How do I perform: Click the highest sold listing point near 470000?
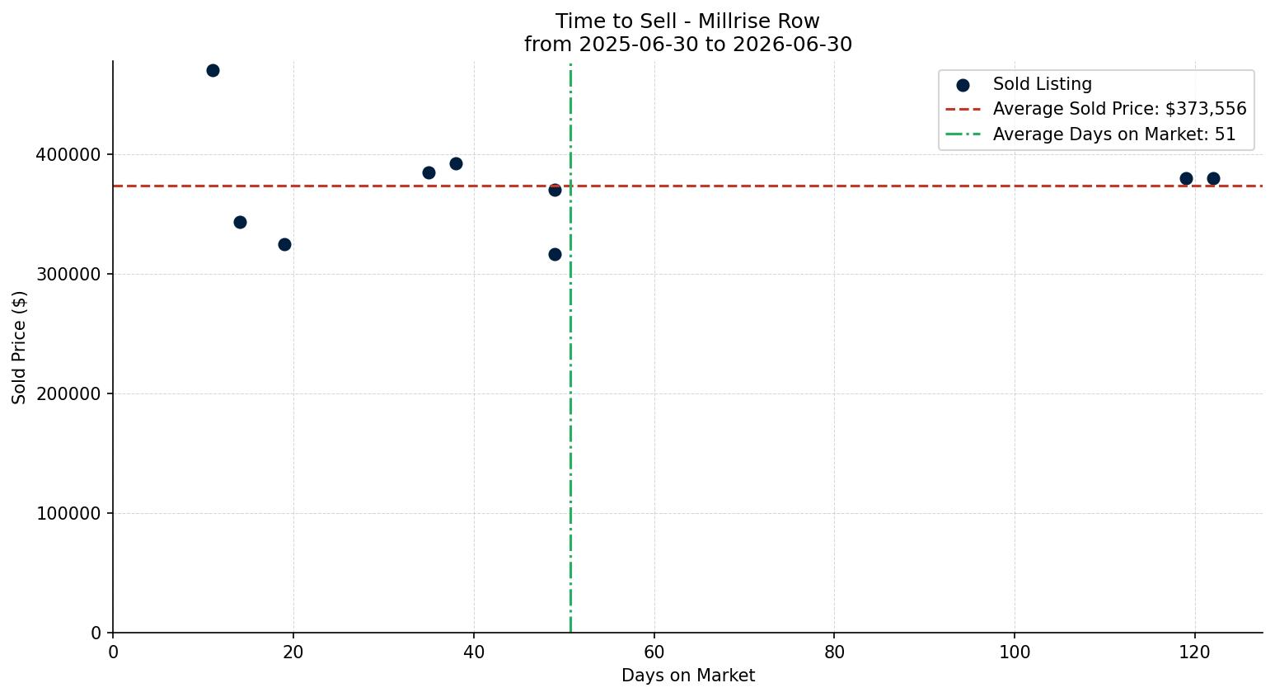213,71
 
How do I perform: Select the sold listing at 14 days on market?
240,222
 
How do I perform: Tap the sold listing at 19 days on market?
284,244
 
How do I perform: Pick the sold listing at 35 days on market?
429,172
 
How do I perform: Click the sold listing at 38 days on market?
456,163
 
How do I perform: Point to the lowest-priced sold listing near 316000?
555,254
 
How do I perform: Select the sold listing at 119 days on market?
1186,178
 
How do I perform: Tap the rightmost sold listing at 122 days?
1213,178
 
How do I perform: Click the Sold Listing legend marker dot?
963,86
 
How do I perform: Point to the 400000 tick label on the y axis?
68,155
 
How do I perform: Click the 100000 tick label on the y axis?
68,514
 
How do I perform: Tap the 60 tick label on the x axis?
654,652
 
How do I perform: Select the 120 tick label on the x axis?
1195,652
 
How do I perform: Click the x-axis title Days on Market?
687,676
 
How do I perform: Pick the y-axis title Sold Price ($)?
19,347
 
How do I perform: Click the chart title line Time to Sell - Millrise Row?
687,21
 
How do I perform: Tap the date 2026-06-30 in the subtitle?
792,44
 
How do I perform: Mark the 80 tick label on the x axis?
834,652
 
